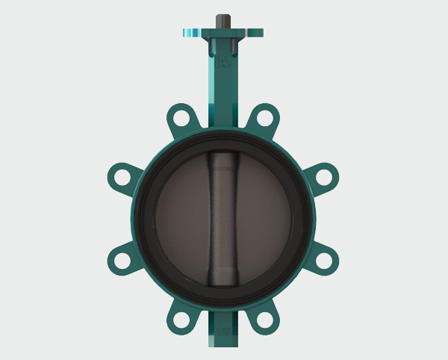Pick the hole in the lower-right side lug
pyautogui.click(x=327, y=260)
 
